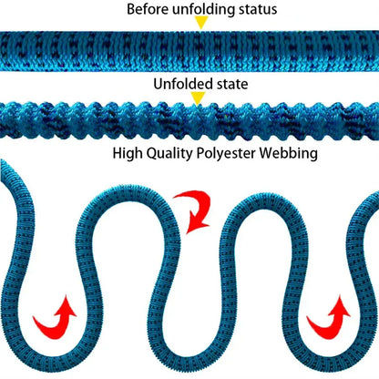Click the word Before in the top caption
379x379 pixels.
pyautogui.click(x=149, y=9)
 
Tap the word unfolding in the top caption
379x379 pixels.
pyautogui.click(x=204, y=9)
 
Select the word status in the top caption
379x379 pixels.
pyautogui.click(x=258, y=9)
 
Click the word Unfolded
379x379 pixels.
pyautogui.click(x=179, y=84)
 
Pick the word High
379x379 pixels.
pyautogui.click(x=128, y=153)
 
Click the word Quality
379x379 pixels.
pyautogui.click(x=169, y=153)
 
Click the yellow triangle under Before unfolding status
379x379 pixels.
pyautogui.click(x=201, y=22)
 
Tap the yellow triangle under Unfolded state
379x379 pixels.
pyautogui.click(x=198, y=98)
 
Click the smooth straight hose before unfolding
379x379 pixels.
pyautogui.click(x=189, y=51)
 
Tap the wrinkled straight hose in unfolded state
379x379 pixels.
pyautogui.click(x=189, y=121)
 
